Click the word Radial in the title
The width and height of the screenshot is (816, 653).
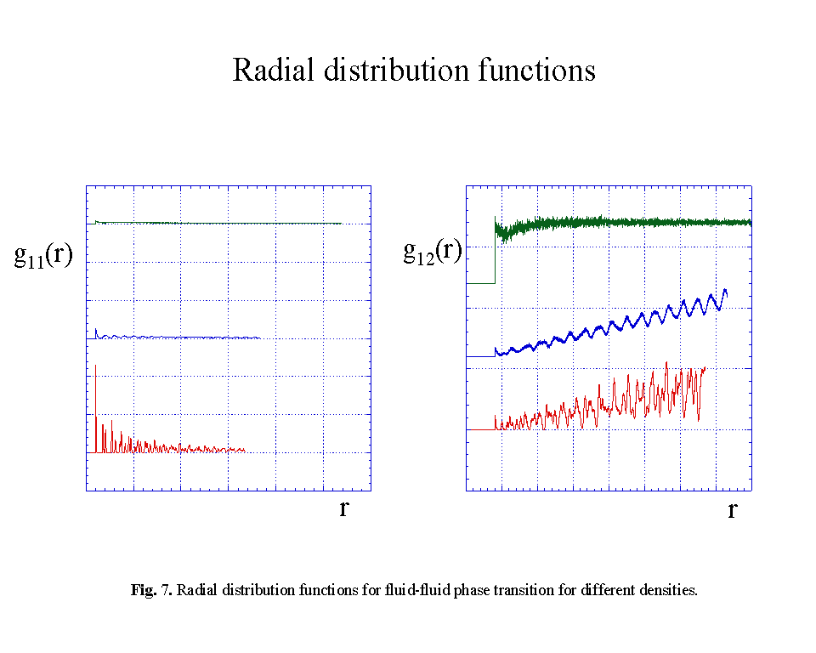(x=275, y=70)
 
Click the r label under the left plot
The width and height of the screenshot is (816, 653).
(x=343, y=509)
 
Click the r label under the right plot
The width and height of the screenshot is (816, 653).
(x=732, y=511)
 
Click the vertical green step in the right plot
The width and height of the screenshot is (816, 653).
(x=495, y=251)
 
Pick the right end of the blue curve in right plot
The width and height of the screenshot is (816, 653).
(x=727, y=292)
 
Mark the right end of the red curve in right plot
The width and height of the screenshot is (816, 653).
(x=705, y=368)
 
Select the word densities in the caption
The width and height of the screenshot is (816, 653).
(x=671, y=590)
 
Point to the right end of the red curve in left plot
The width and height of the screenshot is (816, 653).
(x=244, y=450)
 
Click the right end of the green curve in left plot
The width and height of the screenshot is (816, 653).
(x=341, y=224)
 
